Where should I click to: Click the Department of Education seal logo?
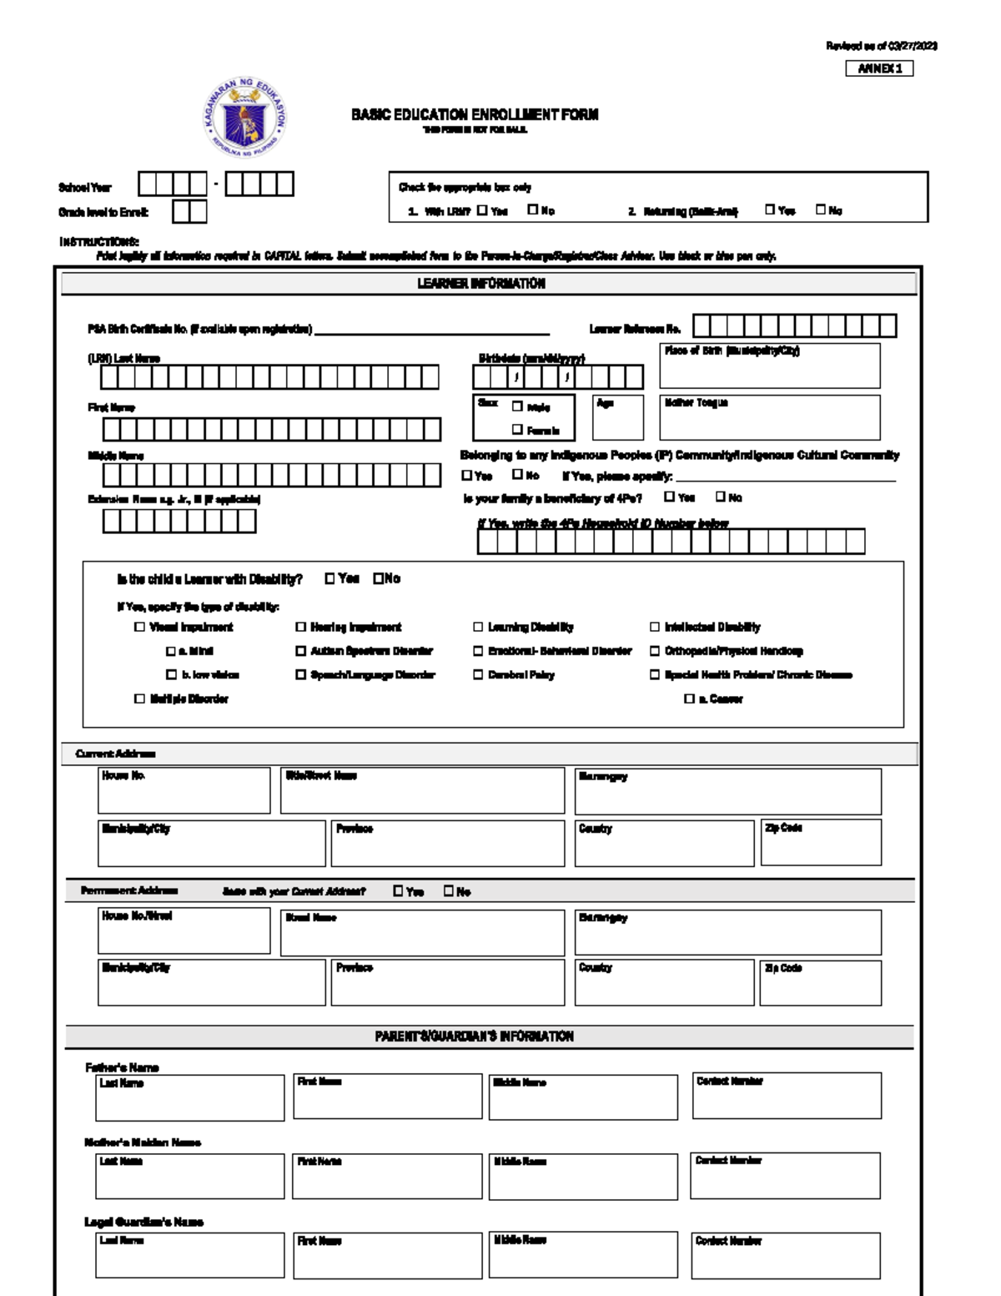pos(244,118)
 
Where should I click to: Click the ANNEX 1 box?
pos(879,68)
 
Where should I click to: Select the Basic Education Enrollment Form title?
pos(474,115)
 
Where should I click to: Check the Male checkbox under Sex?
pos(517,406)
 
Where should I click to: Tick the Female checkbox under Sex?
pos(517,430)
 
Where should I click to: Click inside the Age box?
pos(617,421)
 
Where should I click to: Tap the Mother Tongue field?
pos(769,421)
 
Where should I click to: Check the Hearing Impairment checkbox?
pos(300,627)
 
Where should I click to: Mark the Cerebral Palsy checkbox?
pos(478,674)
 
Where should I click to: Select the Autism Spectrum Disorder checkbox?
pos(300,651)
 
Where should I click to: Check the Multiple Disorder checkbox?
pos(139,698)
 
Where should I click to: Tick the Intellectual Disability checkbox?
pos(655,627)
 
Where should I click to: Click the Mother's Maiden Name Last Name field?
pos(189,1179)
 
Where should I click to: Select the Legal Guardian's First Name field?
pos(387,1258)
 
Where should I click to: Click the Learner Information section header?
pos(481,284)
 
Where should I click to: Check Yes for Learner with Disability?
pos(329,578)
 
